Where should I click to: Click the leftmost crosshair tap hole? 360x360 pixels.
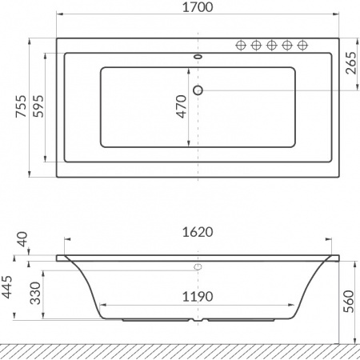(240, 46)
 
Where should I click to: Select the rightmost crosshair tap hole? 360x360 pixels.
(302, 46)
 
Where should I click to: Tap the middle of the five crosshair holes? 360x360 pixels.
(271, 46)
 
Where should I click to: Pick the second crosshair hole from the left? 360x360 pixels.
(255, 46)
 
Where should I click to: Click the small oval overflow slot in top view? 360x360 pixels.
(198, 58)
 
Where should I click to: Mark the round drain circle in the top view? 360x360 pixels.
(198, 90)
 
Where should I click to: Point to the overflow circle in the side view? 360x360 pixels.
(198, 266)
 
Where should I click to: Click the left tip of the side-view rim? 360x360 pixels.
(58, 258)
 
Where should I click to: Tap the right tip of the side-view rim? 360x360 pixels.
(338, 258)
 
